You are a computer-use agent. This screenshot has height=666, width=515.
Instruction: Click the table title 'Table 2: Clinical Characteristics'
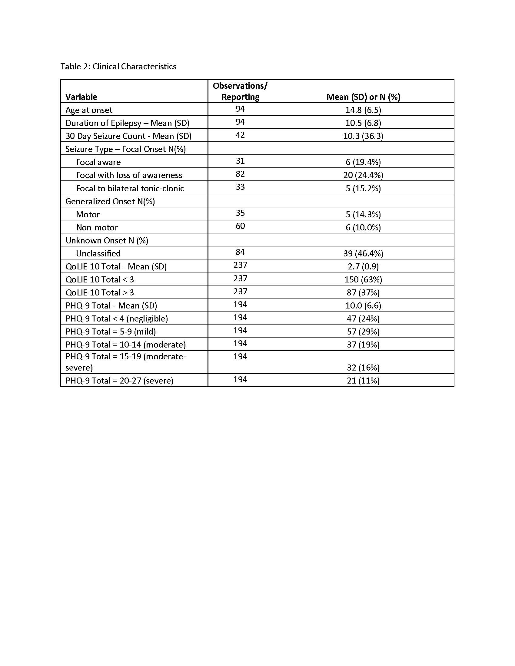pyautogui.click(x=118, y=67)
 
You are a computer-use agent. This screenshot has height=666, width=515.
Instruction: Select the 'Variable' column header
pyautogui.click(x=81, y=97)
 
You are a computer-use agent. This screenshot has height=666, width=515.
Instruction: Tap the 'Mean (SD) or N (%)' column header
pyautogui.click(x=363, y=97)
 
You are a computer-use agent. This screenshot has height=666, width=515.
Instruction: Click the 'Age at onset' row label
pyautogui.click(x=89, y=110)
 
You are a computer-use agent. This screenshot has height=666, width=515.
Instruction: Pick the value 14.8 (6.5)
pyautogui.click(x=363, y=110)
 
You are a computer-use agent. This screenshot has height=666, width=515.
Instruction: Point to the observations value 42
pyautogui.click(x=240, y=135)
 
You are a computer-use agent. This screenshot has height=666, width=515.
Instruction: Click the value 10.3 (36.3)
pyautogui.click(x=363, y=136)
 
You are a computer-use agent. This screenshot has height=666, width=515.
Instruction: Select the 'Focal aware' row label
pyautogui.click(x=98, y=162)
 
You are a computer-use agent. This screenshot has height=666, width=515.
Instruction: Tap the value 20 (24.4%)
pyautogui.click(x=363, y=175)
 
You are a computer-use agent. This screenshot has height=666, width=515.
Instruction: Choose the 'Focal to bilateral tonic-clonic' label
pyautogui.click(x=130, y=188)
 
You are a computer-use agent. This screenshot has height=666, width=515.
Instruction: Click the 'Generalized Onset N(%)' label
pyautogui.click(x=110, y=201)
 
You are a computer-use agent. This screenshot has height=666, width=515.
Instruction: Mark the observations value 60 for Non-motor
pyautogui.click(x=240, y=226)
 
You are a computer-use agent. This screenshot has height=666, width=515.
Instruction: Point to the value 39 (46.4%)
pyautogui.click(x=363, y=253)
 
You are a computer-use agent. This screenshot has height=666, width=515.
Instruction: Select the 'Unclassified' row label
pyautogui.click(x=98, y=253)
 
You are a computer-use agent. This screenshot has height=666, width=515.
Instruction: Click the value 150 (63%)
pyautogui.click(x=363, y=279)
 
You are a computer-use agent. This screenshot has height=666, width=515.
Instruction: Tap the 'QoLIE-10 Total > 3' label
pyautogui.click(x=100, y=292)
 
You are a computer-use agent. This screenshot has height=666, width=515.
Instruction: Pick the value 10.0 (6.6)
pyautogui.click(x=363, y=305)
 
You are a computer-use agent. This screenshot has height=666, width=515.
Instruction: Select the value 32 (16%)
pyautogui.click(x=363, y=368)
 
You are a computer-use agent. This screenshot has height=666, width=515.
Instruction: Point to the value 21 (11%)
pyautogui.click(x=363, y=381)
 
